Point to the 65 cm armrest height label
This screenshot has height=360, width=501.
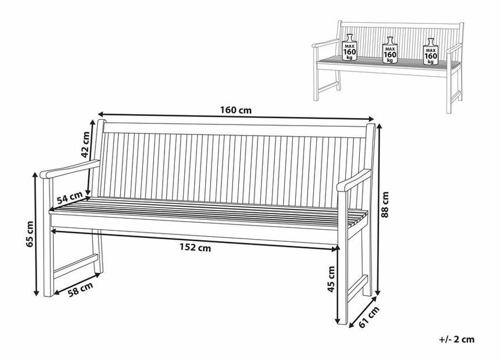[x=30, y=234]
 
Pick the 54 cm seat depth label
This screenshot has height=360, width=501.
[x=69, y=198]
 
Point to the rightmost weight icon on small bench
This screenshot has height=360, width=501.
[x=430, y=51]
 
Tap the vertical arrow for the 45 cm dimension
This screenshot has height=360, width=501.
[x=339, y=285]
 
